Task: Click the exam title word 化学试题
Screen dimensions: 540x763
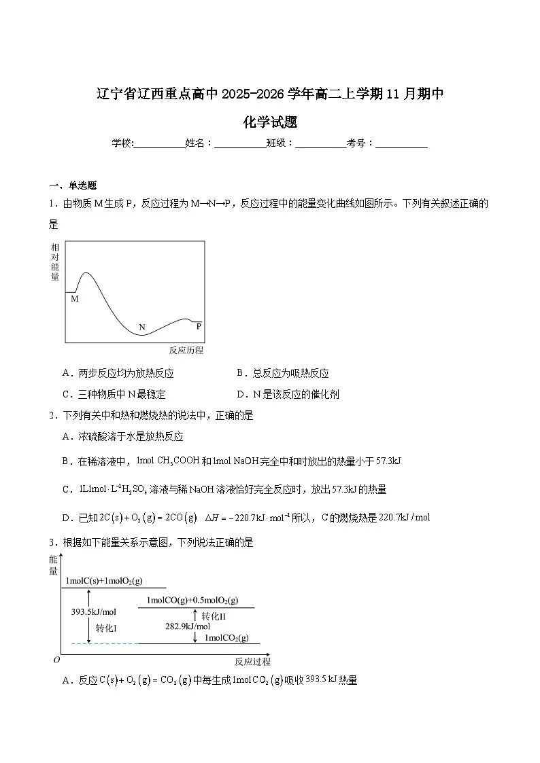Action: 270,122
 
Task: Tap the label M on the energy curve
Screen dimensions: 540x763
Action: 75,298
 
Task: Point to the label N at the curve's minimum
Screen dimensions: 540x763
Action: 142,327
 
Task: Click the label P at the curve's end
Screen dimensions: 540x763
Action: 199,326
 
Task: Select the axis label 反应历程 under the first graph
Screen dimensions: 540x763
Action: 186,351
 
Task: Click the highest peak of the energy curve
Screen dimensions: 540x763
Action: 86,273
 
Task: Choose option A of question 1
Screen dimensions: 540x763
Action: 118,373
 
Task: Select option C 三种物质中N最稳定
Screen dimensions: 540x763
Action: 114,394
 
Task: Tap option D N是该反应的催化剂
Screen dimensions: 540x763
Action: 288,394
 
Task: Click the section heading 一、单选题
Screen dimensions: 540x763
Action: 73,185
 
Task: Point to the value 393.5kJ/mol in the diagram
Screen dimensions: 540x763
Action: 94,611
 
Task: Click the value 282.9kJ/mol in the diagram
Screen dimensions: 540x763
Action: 188,626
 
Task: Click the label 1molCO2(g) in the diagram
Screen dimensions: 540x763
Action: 226,638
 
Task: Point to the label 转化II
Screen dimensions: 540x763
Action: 214,616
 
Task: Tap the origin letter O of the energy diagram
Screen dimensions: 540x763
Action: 57,660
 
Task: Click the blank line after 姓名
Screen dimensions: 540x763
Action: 239,143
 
